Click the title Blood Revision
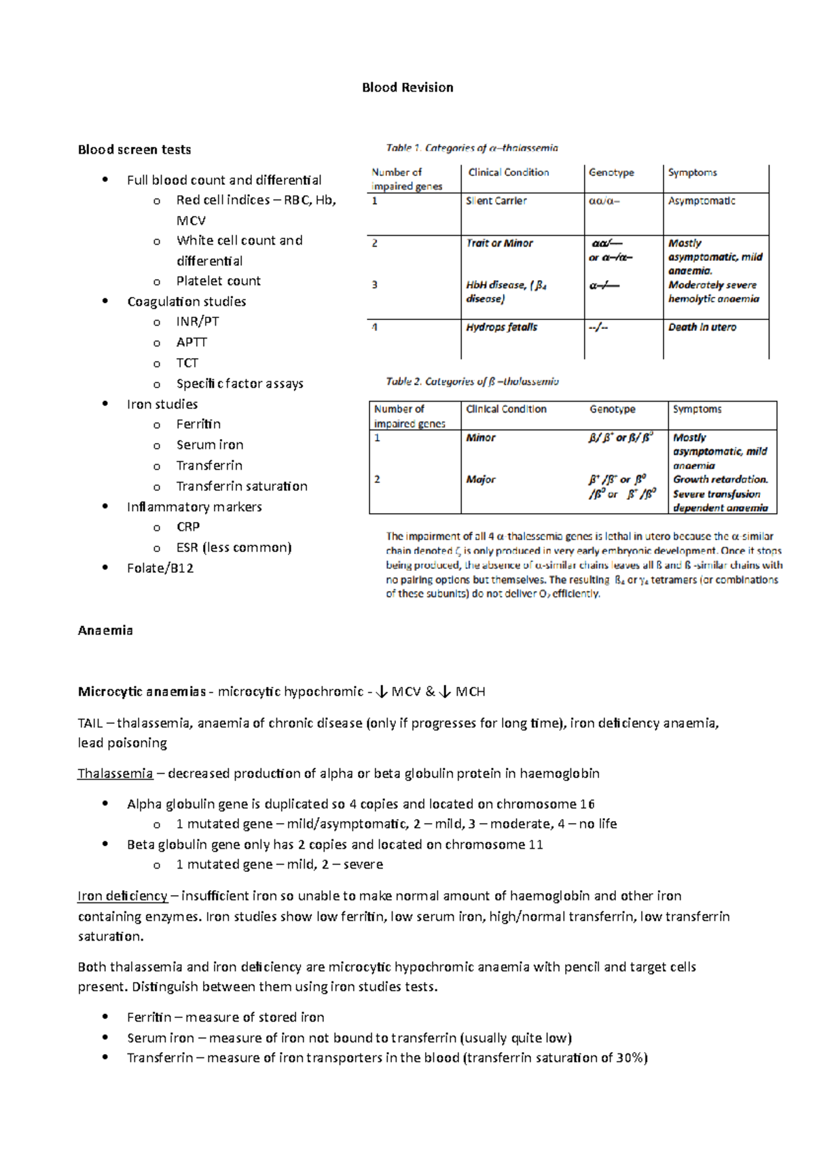point(407,88)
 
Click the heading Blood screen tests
point(134,150)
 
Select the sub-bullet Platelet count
point(218,281)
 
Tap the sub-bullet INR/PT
point(198,321)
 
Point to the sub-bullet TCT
point(187,363)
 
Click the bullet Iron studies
point(162,404)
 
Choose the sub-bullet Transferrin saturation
point(242,486)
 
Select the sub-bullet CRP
point(188,527)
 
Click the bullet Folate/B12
point(160,568)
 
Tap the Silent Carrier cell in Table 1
point(496,201)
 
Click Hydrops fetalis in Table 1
point(502,328)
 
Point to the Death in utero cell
point(702,328)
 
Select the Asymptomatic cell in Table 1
point(702,201)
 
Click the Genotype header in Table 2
point(612,409)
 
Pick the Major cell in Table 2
point(481,480)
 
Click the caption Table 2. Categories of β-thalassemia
point(472,382)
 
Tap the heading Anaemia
point(105,631)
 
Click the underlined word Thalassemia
point(115,773)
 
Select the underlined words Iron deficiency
point(122,896)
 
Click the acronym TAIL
point(90,723)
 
